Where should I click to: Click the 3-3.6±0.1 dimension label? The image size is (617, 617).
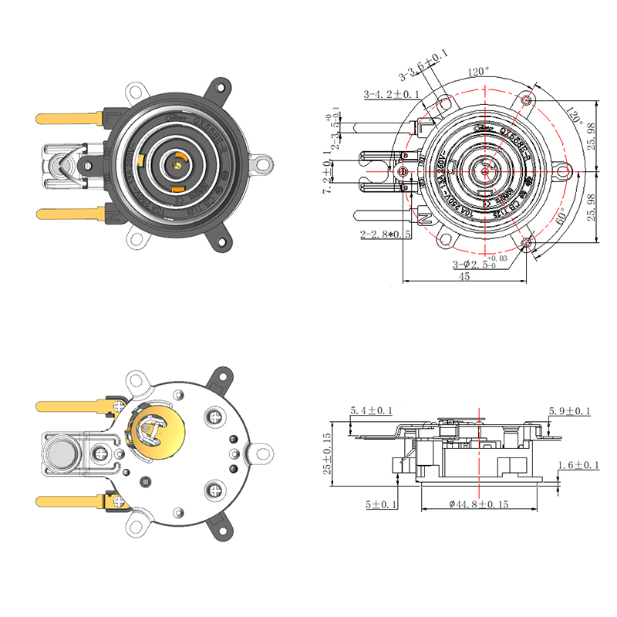(423, 68)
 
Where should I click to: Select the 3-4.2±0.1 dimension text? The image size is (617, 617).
(391, 94)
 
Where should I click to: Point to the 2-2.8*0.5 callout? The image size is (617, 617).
(385, 234)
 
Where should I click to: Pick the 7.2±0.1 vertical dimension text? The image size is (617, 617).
(329, 174)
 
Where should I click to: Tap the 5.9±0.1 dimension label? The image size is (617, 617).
(569, 411)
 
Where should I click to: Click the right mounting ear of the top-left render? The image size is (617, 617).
(264, 164)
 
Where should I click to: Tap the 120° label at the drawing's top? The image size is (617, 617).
(478, 72)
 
